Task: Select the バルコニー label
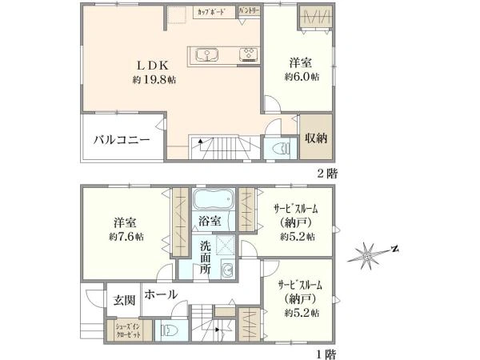[122, 139]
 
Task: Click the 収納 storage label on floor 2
[315, 138]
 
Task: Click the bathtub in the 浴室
[213, 199]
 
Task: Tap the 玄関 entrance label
[123, 300]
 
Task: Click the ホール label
[161, 294]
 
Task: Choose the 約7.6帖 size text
[127, 237]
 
